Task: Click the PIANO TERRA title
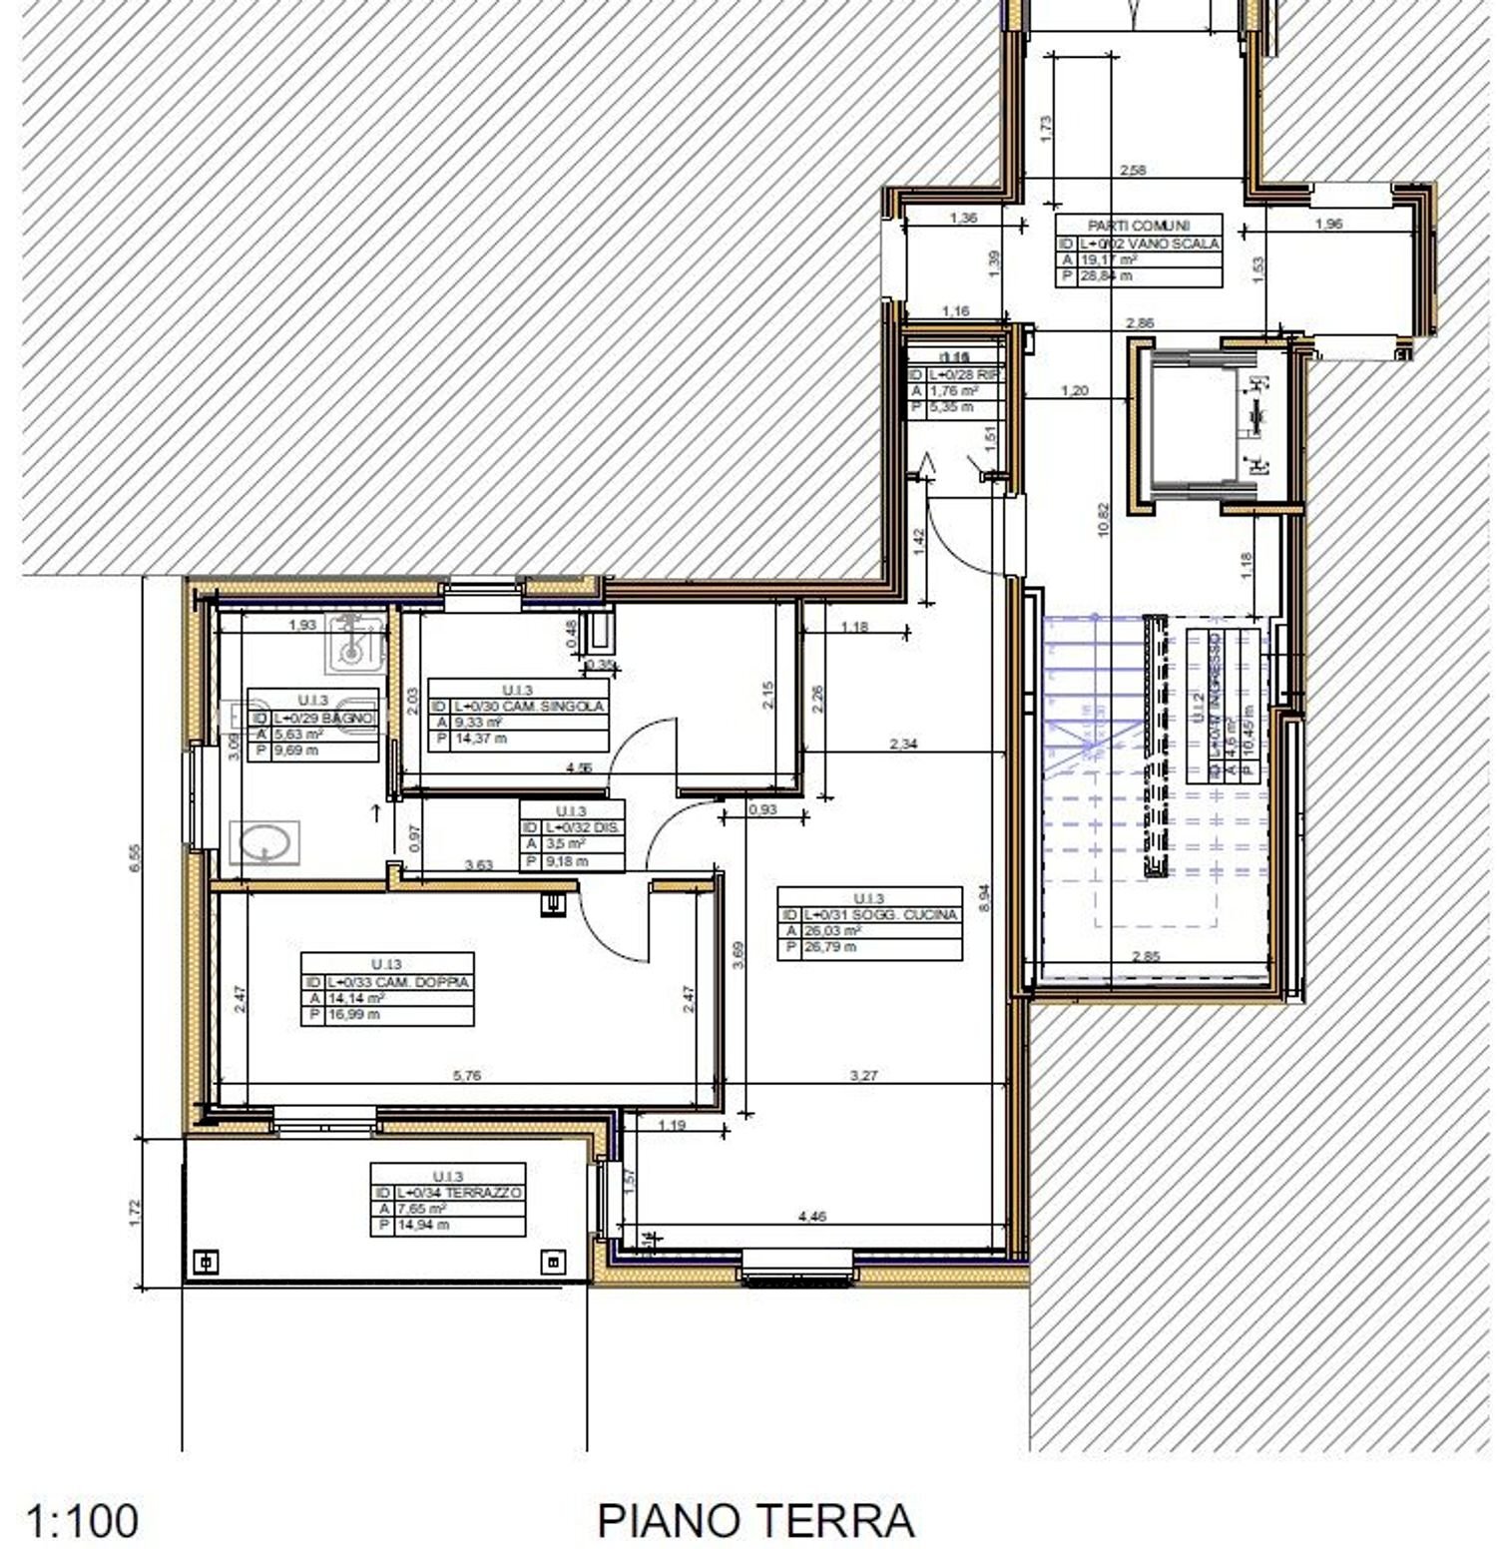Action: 755,1520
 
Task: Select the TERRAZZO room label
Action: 458,1193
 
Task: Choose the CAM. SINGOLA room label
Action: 529,706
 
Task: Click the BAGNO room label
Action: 324,718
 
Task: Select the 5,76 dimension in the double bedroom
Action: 467,1076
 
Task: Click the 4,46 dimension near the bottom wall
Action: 812,1217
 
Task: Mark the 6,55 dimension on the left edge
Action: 136,858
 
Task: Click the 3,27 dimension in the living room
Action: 863,1076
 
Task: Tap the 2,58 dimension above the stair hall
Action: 1133,171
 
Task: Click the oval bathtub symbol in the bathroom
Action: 264,842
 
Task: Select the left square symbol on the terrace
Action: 206,1262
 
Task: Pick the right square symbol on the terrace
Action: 554,1263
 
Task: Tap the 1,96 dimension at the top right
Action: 1328,225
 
